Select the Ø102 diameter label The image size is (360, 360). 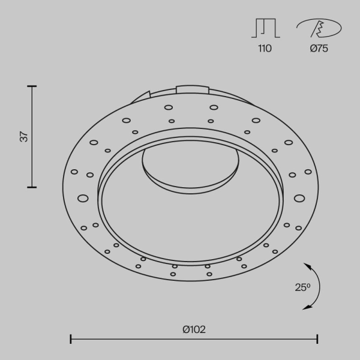tap(194, 329)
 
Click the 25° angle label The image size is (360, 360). tap(303, 287)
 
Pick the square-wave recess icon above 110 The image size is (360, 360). tap(265, 28)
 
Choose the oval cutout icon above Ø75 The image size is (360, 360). tap(319, 28)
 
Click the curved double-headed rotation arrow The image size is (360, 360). tap(317, 286)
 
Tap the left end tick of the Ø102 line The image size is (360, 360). tap(71, 340)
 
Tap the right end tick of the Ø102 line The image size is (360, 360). tap(317, 340)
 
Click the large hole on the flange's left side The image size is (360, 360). tap(83, 197)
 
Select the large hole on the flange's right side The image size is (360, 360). tap(299, 197)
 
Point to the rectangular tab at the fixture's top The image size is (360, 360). tap(192, 90)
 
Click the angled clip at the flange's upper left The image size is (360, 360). tap(143, 96)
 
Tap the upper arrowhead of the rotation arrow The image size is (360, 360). tap(307, 265)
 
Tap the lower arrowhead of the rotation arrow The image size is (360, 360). tap(307, 307)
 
